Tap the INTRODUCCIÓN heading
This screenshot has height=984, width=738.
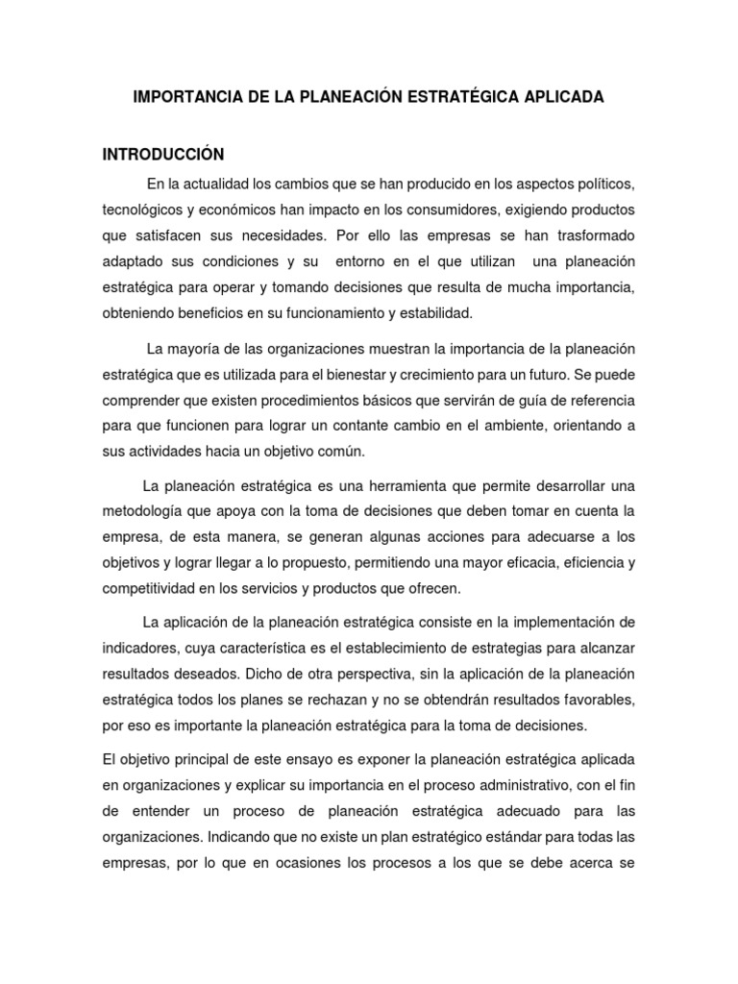(163, 154)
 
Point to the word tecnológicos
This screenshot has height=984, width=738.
(149, 209)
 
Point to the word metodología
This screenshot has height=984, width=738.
(147, 509)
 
